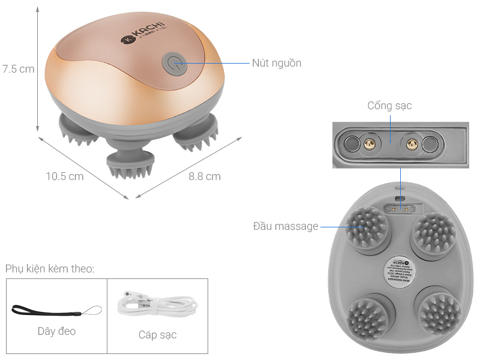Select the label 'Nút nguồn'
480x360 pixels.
click(276, 63)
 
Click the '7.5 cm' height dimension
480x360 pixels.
click(18, 69)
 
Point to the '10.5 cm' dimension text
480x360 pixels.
click(65, 176)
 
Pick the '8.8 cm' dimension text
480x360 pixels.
click(205, 176)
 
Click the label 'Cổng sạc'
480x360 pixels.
click(389, 106)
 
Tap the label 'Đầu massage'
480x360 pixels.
click(286, 226)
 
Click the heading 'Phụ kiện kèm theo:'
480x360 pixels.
click(50, 268)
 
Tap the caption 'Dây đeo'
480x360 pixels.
click(56, 331)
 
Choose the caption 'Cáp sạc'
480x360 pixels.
click(157, 335)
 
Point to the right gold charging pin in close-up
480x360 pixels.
click(412, 143)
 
